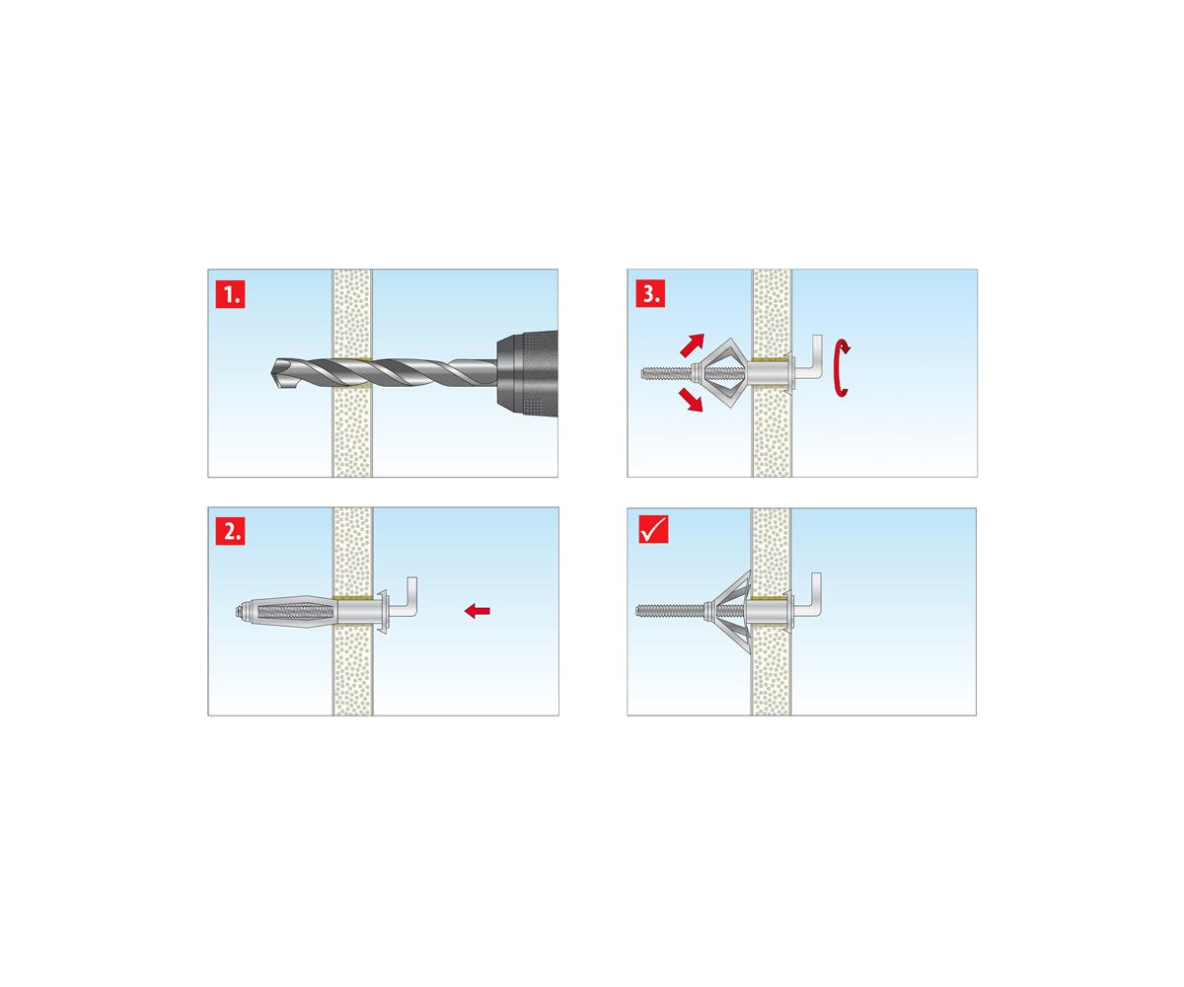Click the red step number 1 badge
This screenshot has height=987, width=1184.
230,294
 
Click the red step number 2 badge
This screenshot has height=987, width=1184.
230,531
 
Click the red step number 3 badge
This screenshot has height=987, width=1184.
650,294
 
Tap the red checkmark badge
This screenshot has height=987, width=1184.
653,529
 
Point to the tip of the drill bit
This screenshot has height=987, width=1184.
272,373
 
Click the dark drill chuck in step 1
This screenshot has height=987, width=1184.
527,374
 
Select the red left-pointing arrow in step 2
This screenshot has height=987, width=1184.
477,611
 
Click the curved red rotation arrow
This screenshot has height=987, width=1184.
842,369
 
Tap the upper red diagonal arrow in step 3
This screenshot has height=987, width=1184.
692,344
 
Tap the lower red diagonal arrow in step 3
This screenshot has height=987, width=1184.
691,400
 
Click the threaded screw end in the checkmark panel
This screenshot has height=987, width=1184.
669,611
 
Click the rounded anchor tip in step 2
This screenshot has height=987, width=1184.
238,612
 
